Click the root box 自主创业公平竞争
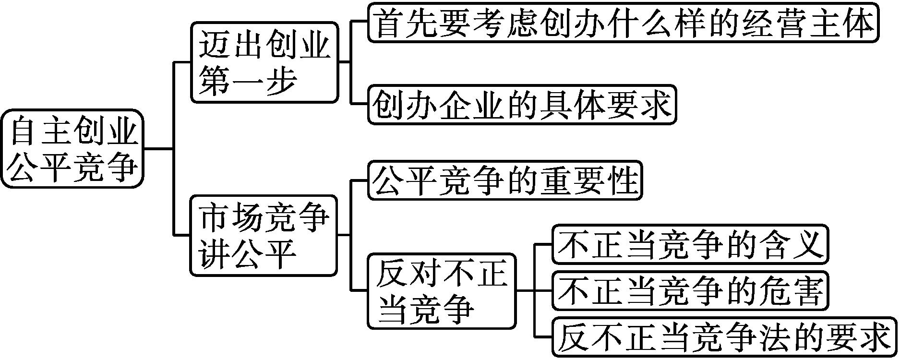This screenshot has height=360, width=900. point(72,148)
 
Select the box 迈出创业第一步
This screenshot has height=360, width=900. point(264,62)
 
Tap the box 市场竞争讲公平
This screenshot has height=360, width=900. point(264,235)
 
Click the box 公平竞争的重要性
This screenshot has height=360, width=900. point(504,180)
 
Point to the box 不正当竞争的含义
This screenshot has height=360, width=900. point(690,244)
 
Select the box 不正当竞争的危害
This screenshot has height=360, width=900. point(690,290)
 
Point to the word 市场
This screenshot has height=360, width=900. point(231,217)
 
